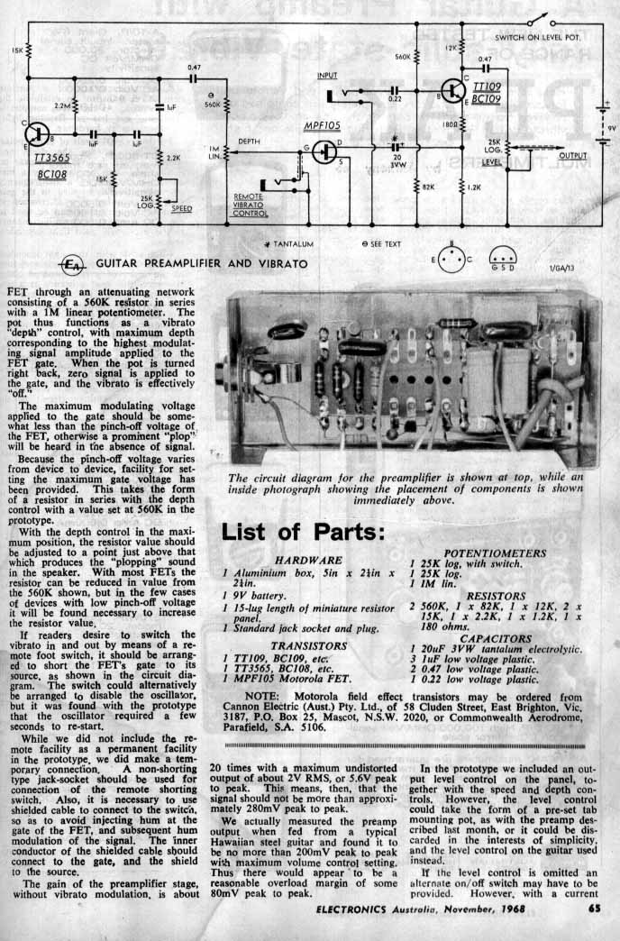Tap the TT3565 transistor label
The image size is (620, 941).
(x=46, y=156)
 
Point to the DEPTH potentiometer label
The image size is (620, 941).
(x=249, y=142)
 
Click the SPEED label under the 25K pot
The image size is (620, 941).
(x=181, y=208)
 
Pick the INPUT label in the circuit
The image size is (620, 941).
(x=328, y=76)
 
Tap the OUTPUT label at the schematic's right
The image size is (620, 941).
(x=572, y=155)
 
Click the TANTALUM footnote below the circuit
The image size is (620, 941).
(x=291, y=244)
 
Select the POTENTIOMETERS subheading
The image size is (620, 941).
(x=495, y=553)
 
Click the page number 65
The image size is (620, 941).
(x=594, y=909)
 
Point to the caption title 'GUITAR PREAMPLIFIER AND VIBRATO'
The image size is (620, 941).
(x=202, y=264)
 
